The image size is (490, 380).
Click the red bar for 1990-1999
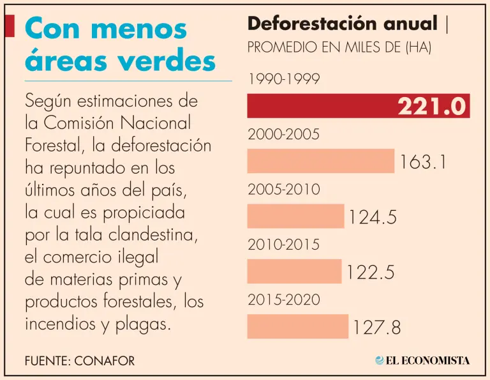(x=319, y=106)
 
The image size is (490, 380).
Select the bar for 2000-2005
(x=321, y=161)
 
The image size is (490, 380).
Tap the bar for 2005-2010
(x=295, y=216)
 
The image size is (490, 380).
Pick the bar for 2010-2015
(x=294, y=271)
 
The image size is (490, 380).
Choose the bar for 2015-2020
(x=297, y=326)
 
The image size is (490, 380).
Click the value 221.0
(x=432, y=107)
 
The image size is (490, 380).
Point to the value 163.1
(x=422, y=162)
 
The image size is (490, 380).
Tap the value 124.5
(x=373, y=217)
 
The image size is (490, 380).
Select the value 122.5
(x=371, y=273)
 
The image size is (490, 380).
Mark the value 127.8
(x=376, y=328)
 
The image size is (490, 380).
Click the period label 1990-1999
(x=283, y=79)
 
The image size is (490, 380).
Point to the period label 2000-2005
(x=283, y=135)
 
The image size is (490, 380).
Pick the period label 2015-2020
(x=283, y=300)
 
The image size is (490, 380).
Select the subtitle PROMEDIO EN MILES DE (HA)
(x=339, y=48)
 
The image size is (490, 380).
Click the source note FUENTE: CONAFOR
(x=80, y=361)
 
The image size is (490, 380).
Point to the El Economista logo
(x=422, y=360)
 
